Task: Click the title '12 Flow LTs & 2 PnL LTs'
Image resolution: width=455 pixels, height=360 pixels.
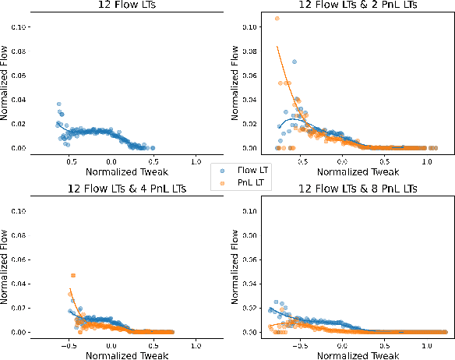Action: point(346,5)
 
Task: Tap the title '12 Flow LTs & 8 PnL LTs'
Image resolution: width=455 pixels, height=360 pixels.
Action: point(346,189)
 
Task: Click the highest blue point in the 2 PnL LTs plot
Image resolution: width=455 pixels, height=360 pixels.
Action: point(295,62)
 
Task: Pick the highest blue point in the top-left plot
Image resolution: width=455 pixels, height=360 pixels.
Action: point(58,104)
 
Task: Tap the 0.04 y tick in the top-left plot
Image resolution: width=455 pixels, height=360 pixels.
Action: point(23,100)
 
